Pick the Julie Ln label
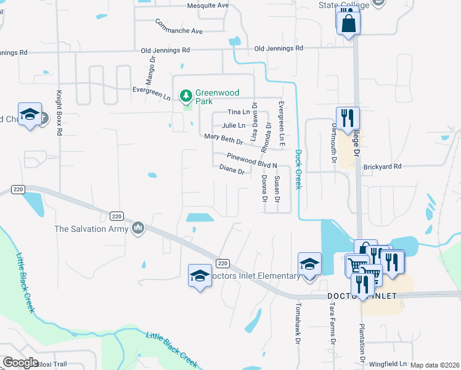(234, 125)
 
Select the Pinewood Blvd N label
(252, 161)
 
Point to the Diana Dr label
(233, 169)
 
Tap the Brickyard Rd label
(382, 166)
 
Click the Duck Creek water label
(298, 170)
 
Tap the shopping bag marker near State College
(348, 22)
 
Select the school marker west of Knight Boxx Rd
(30, 114)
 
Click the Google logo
(21, 363)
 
